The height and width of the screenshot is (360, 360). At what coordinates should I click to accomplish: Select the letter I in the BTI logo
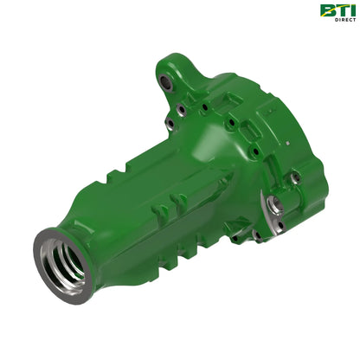click(x=352, y=10)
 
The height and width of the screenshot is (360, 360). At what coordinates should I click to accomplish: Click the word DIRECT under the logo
click(x=345, y=20)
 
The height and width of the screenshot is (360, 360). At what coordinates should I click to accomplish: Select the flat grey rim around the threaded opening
click(x=62, y=266)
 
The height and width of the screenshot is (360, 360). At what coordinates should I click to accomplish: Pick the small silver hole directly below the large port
click(x=280, y=225)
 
